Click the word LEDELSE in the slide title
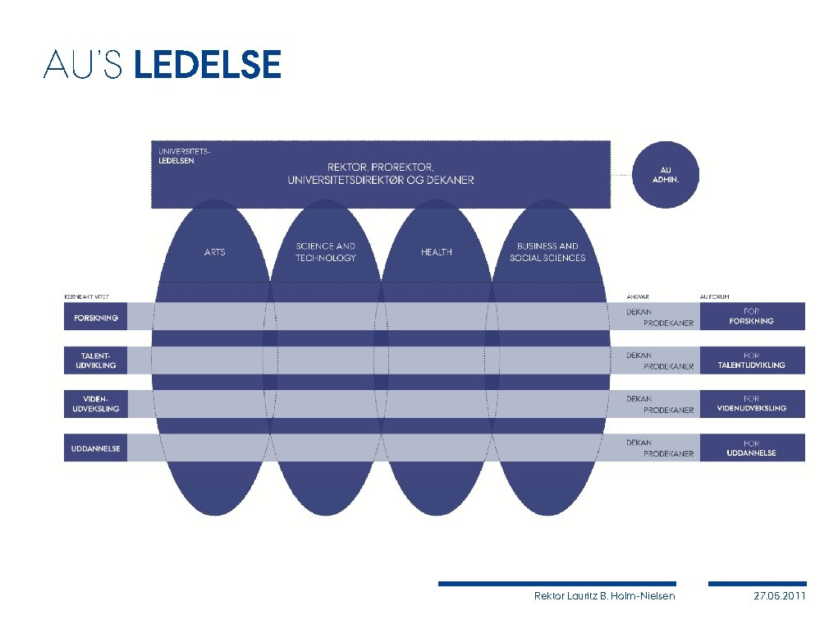click(x=207, y=64)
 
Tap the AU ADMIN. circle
click(x=665, y=174)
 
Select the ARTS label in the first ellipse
click(x=214, y=252)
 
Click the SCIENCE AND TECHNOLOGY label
click(x=326, y=252)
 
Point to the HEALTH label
click(x=437, y=252)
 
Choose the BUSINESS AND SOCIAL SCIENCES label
click(x=547, y=252)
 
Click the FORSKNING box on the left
click(x=96, y=317)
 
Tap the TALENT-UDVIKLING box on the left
click(x=96, y=360)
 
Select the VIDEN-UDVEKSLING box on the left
click(x=96, y=404)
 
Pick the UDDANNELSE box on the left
click(x=96, y=448)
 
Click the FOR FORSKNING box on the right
click(x=752, y=317)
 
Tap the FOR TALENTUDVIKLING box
click(x=752, y=360)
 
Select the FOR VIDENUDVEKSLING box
click(x=752, y=404)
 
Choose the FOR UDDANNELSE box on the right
click(x=752, y=448)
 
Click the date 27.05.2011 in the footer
click(x=780, y=596)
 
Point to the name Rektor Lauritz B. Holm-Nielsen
click(x=604, y=596)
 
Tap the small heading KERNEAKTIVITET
click(x=86, y=296)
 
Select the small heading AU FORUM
click(x=714, y=296)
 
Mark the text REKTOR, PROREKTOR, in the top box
click(x=381, y=167)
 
